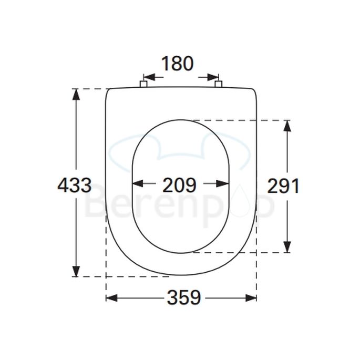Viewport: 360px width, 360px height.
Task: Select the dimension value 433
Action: pos(74,186)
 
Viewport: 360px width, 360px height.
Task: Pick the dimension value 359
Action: pos(184,298)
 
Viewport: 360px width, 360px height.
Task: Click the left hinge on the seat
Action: pos(142,84)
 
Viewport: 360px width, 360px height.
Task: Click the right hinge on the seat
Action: pos(219,84)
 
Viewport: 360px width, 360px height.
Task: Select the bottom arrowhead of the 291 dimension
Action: pos(287,246)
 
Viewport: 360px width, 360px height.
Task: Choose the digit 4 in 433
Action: pos(63,186)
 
